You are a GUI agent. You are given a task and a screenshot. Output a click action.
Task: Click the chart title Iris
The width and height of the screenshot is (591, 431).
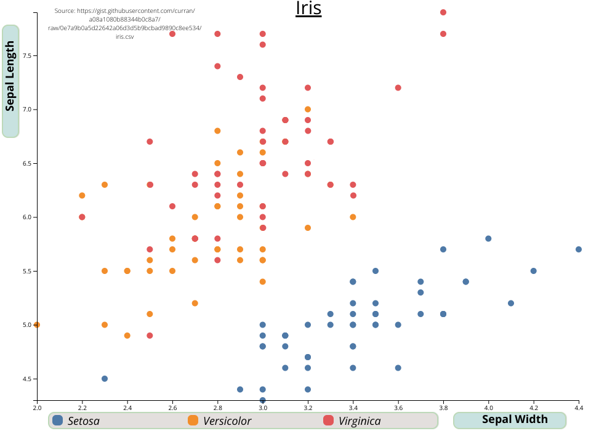[x=308, y=9]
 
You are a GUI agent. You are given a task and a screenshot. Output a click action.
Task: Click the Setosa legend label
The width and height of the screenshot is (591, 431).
[x=84, y=421]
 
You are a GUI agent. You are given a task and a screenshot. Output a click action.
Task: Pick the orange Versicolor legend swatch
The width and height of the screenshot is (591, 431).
[x=193, y=421]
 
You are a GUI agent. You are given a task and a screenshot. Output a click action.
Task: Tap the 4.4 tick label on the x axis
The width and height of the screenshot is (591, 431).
[x=579, y=408]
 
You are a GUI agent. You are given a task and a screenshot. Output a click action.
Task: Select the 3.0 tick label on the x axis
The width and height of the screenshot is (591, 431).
[x=263, y=408]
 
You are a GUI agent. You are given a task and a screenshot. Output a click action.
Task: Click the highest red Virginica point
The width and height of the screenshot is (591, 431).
[x=443, y=12]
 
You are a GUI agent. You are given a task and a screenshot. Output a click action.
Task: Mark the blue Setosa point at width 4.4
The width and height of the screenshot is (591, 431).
[x=579, y=249]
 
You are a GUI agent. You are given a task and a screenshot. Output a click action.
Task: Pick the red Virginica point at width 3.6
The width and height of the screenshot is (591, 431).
[x=398, y=87]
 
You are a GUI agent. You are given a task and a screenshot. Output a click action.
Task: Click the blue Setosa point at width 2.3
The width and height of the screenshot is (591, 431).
[x=105, y=379]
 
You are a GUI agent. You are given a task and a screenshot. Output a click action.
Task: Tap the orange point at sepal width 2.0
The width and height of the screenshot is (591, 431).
[x=37, y=324]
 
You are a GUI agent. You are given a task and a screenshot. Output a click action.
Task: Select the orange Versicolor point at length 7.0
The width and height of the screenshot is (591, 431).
[x=308, y=109]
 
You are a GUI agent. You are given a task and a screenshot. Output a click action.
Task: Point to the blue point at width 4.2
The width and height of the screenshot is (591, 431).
[x=534, y=271]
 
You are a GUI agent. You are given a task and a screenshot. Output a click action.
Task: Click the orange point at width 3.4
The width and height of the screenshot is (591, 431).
[x=353, y=217]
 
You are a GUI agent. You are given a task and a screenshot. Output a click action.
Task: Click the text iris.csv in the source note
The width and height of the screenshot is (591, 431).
[x=124, y=37]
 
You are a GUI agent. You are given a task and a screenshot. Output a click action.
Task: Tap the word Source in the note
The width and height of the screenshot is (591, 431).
[x=65, y=11]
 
